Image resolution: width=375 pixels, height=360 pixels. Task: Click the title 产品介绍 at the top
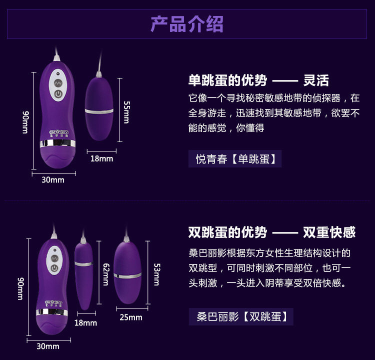pos(187,23)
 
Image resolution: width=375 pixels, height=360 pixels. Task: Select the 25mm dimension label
pos(130,317)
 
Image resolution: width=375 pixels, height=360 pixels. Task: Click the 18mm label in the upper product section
pos(101,158)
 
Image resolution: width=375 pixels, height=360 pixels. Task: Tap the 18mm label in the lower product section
pos(85,323)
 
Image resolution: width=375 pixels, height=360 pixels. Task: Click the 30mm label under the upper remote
pos(53,180)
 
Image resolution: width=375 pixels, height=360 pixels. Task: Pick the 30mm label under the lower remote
pos(48,346)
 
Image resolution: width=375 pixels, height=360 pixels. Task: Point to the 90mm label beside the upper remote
pos(25,122)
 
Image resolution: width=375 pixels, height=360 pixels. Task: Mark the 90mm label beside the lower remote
pos(21,288)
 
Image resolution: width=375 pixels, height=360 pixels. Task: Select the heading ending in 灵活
pos(258,80)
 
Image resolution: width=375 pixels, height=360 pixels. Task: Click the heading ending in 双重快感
pos(271,232)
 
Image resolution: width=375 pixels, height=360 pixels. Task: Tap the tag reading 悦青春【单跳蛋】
pos(235,159)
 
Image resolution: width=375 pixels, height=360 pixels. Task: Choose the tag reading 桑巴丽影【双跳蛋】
pos(241,317)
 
